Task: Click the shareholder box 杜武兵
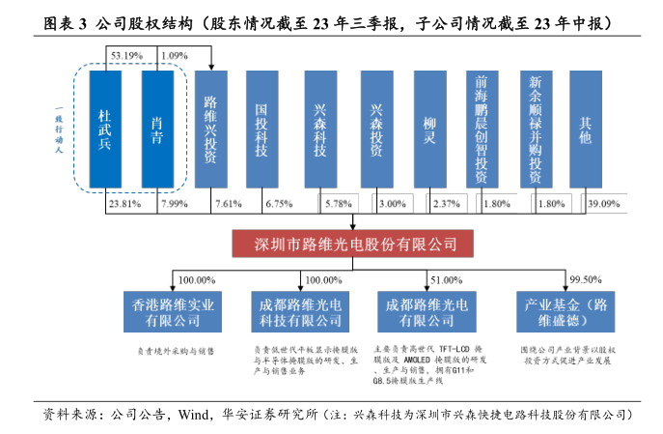105,129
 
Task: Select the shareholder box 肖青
157,129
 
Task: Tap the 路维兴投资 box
211,129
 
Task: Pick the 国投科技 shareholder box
263,129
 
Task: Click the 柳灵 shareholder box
430,129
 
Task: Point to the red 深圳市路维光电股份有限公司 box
345,243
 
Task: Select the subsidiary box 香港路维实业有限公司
173,312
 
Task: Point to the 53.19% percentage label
128,56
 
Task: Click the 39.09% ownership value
604,204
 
